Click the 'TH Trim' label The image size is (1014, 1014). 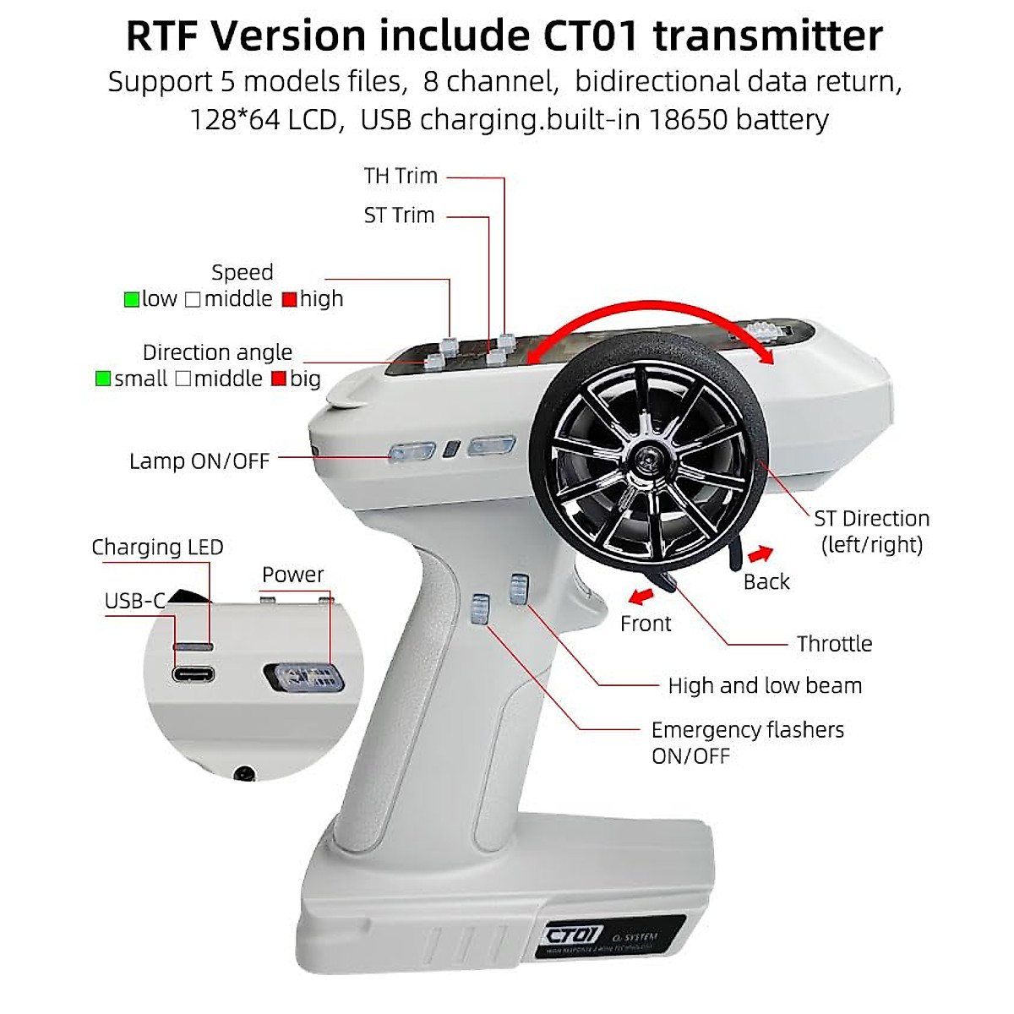coord(401,176)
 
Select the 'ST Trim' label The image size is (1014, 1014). coord(399,215)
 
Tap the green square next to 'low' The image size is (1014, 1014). coord(132,299)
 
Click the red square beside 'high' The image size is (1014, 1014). coord(290,299)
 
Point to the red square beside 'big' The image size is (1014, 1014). coord(279,379)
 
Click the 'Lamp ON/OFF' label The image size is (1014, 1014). coord(199,461)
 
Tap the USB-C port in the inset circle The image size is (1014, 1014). coord(194,674)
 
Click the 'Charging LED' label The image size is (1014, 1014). coord(157,548)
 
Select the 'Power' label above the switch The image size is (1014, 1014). coord(292,575)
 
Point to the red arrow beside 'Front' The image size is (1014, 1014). coord(642,597)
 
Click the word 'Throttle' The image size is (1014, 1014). coord(834,644)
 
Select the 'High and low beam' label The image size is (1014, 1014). coord(765,685)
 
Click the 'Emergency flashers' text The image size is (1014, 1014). coord(748,730)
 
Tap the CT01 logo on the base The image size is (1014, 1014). coord(575,935)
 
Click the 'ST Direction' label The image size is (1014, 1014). coord(871,519)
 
